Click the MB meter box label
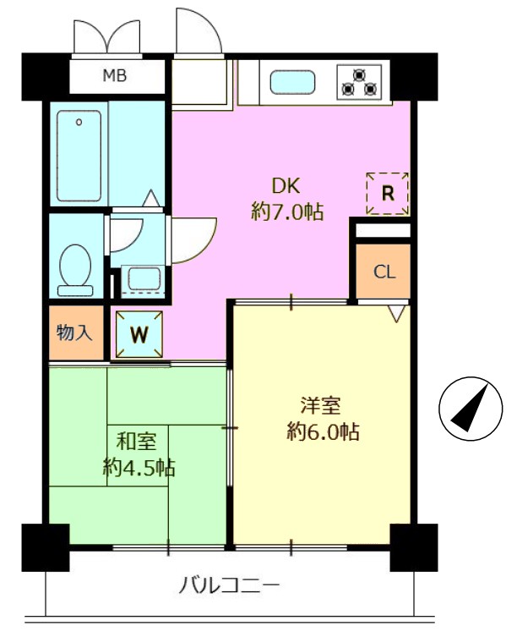coord(114,75)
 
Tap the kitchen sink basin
coord(292,82)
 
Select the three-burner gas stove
coord(359,82)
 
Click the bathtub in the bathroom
coord(79,156)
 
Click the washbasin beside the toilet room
coord(144,278)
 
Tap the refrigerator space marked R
coord(388,194)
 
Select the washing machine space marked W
coord(139,334)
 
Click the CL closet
coord(384,272)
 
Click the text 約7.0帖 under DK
coord(287,211)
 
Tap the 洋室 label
coord(320,405)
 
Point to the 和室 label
coord(136,441)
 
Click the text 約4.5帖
coord(139,468)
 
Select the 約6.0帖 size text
coord(323,431)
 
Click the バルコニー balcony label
coord(230,585)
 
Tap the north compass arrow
coord(470,409)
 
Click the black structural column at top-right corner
coord(414,77)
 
